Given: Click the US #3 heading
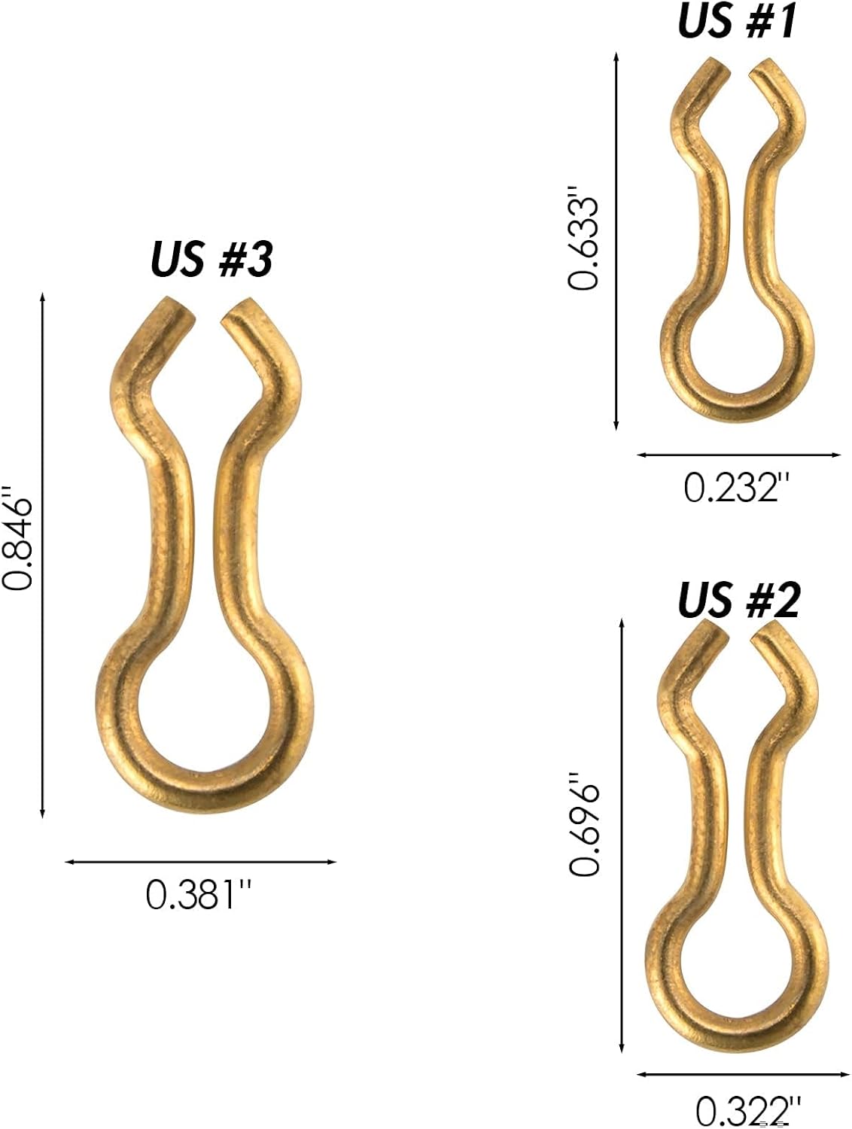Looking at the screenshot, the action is pos(211,259).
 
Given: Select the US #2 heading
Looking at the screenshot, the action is pos(739,600).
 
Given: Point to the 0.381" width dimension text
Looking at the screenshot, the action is pos(199,895).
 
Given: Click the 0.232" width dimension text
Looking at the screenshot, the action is pos(736,488).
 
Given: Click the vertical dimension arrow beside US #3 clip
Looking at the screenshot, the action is pos(42,555).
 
